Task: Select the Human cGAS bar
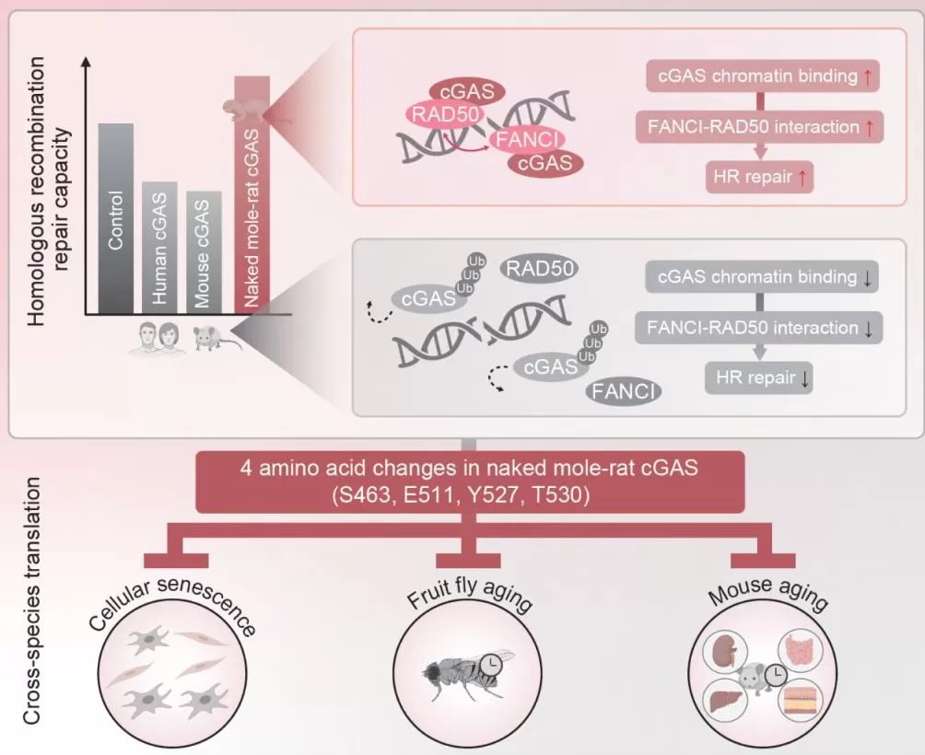pyautogui.click(x=159, y=248)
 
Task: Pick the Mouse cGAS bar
pyautogui.click(x=204, y=252)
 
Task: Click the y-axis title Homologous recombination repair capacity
pyautogui.click(x=48, y=188)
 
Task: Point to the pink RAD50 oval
pyautogui.click(x=442, y=114)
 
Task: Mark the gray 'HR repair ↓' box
pyautogui.click(x=758, y=377)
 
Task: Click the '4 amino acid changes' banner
pyautogui.click(x=469, y=482)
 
